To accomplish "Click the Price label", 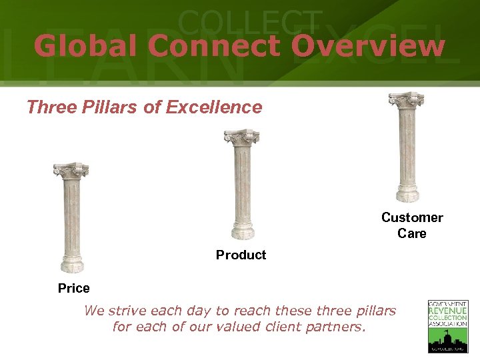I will [x=73, y=289].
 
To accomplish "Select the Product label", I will [x=241, y=255].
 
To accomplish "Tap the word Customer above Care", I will [x=412, y=217].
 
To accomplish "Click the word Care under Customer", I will [x=412, y=233].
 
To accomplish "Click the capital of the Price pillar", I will [x=71, y=170].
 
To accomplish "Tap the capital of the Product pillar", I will [x=241, y=137].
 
